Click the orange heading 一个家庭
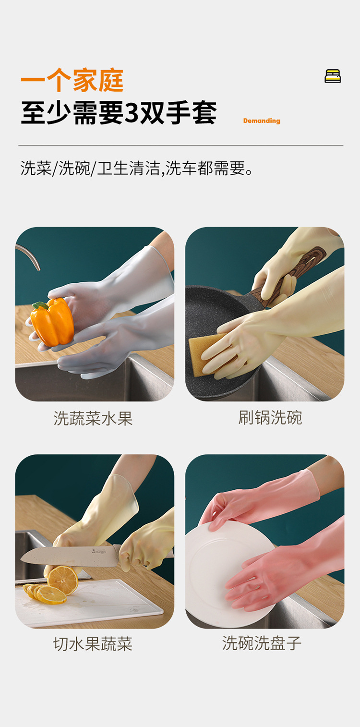pos(72,80)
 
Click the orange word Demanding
pos(262,121)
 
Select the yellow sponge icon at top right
pos(333,76)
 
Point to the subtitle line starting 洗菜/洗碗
pos(136,168)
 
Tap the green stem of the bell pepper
pos(40,305)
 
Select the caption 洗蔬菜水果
pos(93,418)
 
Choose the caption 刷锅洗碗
pos(270,417)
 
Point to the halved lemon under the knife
pos(62,581)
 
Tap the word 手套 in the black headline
pos(191,113)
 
